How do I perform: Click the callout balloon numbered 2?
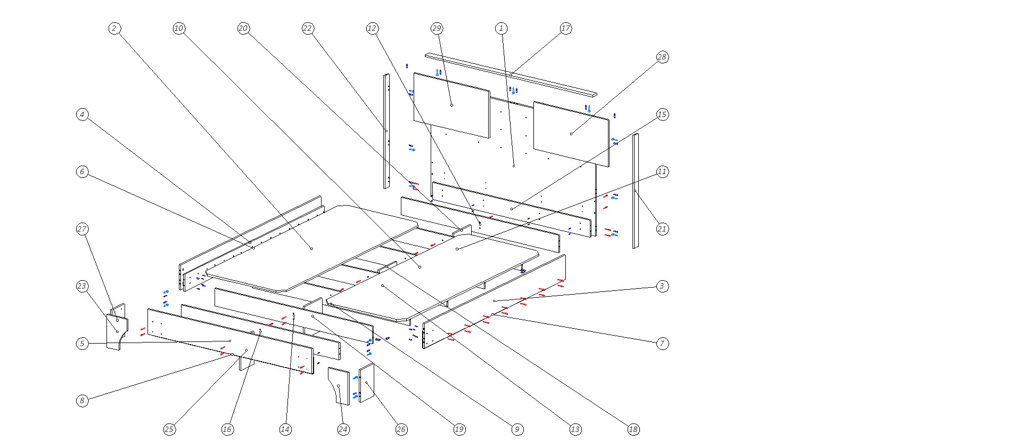[114, 29]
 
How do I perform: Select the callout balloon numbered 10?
[179, 29]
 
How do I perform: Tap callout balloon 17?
[565, 29]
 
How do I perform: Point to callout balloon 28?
[662, 58]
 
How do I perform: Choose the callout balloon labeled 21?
[662, 229]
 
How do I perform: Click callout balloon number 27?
[82, 229]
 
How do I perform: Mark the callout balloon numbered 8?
[82, 401]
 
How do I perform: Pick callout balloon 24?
[343, 429]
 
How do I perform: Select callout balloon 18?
[633, 429]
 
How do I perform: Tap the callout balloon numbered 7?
[662, 344]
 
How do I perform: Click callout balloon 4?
[82, 115]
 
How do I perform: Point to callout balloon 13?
[575, 429]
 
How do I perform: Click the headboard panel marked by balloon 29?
[451, 105]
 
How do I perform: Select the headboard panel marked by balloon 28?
[571, 134]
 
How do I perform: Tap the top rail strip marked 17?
[511, 74]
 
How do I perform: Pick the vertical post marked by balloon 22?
[386, 131]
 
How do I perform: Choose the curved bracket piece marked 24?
[339, 386]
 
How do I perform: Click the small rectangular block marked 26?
[367, 382]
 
